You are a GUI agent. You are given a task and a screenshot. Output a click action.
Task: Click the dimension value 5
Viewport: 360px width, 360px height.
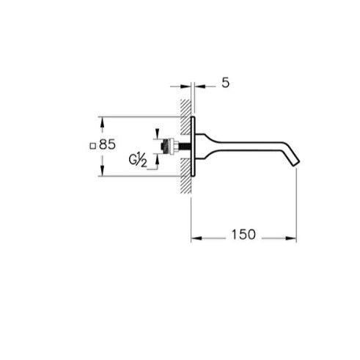pyautogui.click(x=226, y=83)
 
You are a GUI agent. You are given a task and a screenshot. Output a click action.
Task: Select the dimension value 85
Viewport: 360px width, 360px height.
pyautogui.click(x=107, y=144)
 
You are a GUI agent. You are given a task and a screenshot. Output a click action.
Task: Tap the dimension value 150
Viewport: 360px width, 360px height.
pyautogui.click(x=243, y=235)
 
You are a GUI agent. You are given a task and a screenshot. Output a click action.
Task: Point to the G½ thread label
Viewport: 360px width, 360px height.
pyautogui.click(x=138, y=160)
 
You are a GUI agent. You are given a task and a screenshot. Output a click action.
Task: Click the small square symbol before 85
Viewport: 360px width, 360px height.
pyautogui.click(x=92, y=146)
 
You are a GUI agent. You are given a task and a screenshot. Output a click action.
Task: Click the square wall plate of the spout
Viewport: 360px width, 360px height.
pyautogui.click(x=193, y=146)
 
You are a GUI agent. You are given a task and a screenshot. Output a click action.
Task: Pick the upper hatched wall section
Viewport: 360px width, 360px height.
pyautogui.click(x=185, y=117)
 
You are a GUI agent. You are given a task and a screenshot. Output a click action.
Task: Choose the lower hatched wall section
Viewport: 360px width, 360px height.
pyautogui.click(x=185, y=176)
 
